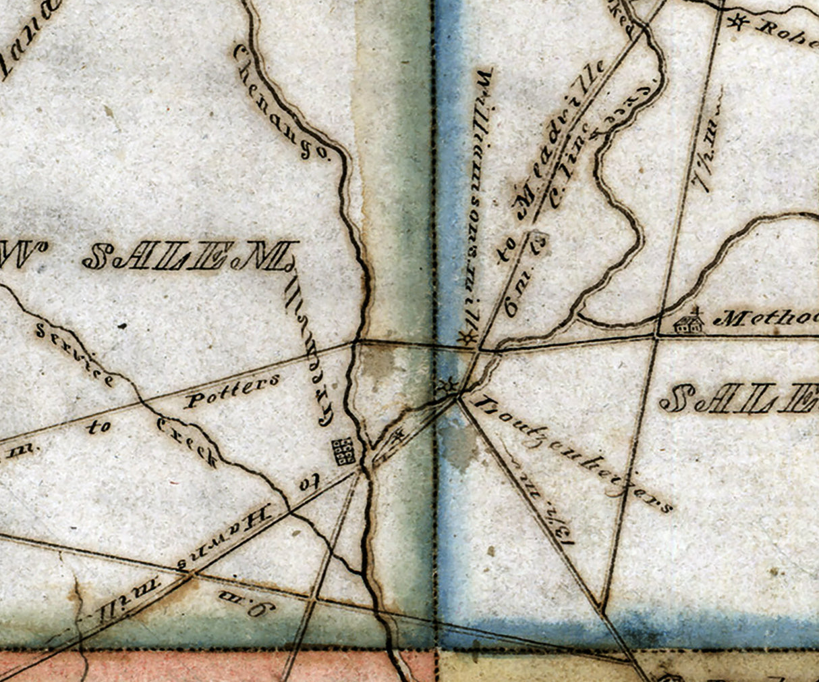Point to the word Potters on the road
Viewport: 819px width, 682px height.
231,390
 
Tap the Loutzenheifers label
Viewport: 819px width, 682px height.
573,454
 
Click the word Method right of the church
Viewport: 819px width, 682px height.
766,319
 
